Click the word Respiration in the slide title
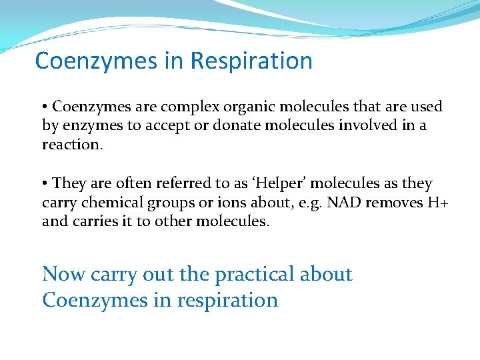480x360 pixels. (251, 61)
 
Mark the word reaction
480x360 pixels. (72, 145)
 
